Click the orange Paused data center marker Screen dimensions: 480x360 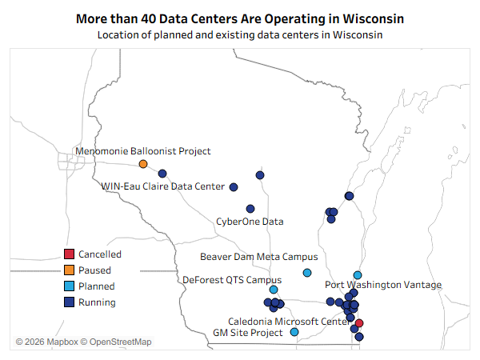point(143,164)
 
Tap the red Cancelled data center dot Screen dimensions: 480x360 point(359,323)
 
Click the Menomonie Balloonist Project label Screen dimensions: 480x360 point(143,151)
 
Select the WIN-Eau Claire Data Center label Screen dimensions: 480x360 point(163,186)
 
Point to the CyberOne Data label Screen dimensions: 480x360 point(250,222)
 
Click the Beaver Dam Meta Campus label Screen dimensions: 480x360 point(259,257)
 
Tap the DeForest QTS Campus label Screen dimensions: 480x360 point(232,280)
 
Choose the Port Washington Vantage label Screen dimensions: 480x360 point(383,285)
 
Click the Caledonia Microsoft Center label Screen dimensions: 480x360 point(290,322)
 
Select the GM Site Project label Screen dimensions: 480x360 point(248,333)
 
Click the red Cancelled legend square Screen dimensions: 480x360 point(69,254)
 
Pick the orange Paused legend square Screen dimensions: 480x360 point(69,270)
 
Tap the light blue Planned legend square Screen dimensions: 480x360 point(69,286)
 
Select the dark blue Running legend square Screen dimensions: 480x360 point(69,302)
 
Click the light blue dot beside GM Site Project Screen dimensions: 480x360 point(294,332)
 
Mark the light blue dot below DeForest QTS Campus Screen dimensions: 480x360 point(274,290)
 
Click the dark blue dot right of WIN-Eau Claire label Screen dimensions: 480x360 point(234,187)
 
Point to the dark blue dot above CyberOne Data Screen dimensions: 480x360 point(250,209)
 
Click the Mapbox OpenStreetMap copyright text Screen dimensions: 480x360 point(83,342)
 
